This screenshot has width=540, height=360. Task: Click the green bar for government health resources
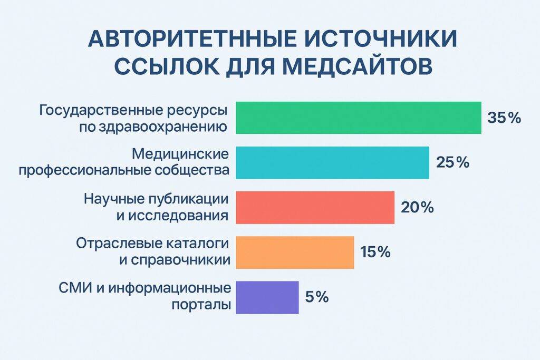(358, 118)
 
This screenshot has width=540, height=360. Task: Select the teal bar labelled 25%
(332, 162)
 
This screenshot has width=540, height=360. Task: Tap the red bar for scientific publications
(315, 207)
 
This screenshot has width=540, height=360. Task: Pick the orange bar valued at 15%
(295, 252)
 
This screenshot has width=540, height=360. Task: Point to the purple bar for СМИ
(267, 297)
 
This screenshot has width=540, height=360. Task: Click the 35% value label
(504, 118)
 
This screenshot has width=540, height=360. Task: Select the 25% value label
(452, 162)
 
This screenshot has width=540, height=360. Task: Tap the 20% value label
(417, 207)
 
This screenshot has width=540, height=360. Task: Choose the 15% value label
(375, 252)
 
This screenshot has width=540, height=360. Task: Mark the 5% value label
(317, 297)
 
